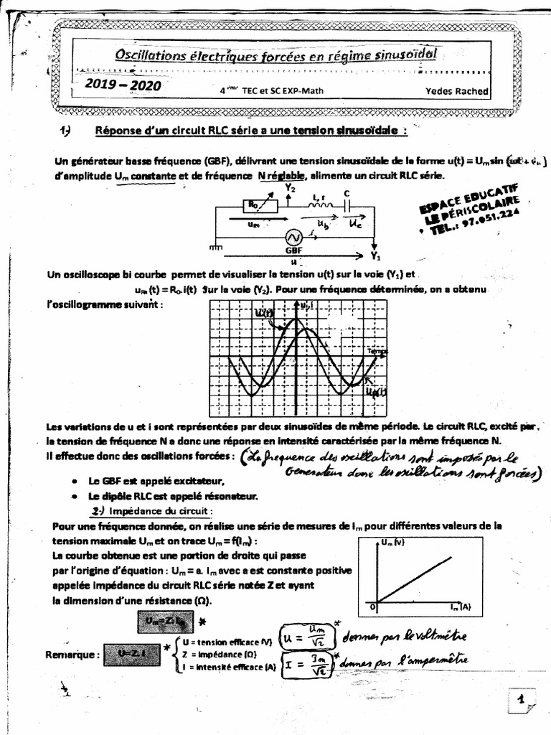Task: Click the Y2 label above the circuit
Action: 291,188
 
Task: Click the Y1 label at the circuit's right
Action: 375,256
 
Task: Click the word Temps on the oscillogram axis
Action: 377,351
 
